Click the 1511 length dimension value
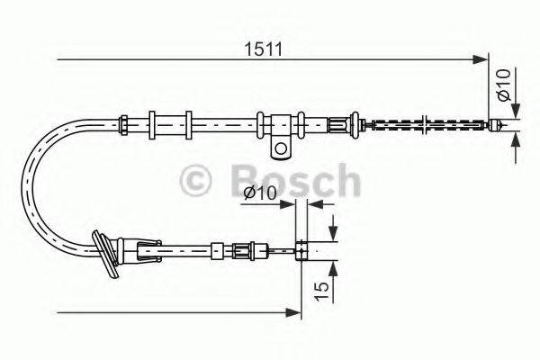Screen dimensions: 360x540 pyautogui.click(x=263, y=49)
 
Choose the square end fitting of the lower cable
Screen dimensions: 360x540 pyautogui.click(x=303, y=250)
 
